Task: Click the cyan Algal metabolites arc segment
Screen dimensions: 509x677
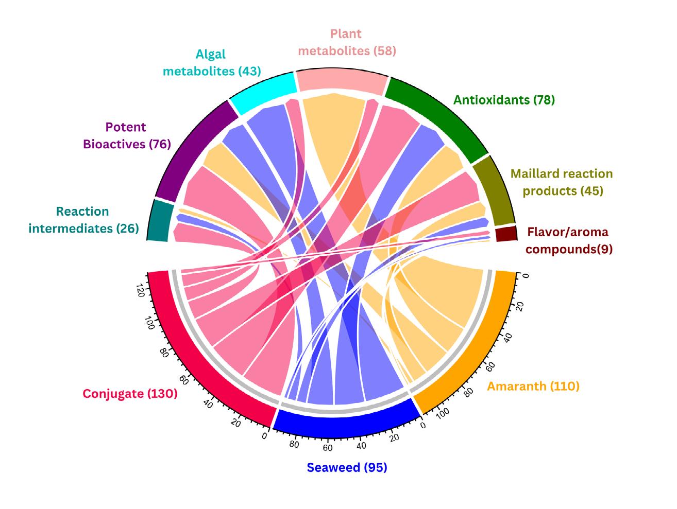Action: [262, 93]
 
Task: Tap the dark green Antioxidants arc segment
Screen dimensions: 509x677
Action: [438, 113]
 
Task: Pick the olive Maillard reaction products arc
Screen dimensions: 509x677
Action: [494, 190]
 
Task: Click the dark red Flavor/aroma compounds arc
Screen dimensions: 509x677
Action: [505, 234]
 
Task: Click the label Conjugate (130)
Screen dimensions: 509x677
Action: [130, 394]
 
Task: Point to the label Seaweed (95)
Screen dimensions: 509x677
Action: [347, 467]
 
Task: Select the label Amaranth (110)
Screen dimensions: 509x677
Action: [533, 386]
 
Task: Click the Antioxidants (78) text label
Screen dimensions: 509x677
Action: [504, 100]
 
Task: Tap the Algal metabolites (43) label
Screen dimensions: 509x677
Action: [212, 63]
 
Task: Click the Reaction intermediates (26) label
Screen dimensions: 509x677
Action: [83, 220]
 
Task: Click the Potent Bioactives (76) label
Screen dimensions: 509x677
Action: [127, 135]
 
